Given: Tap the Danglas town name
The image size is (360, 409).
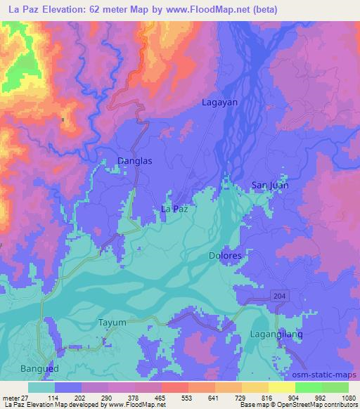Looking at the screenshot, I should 134,160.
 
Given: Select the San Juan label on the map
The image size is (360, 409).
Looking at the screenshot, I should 270,186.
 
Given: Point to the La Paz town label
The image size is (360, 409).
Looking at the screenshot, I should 175,209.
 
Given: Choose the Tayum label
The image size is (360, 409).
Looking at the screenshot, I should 111,323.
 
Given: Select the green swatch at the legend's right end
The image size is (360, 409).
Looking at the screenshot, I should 335,387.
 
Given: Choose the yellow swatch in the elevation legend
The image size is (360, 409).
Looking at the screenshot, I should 282,387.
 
